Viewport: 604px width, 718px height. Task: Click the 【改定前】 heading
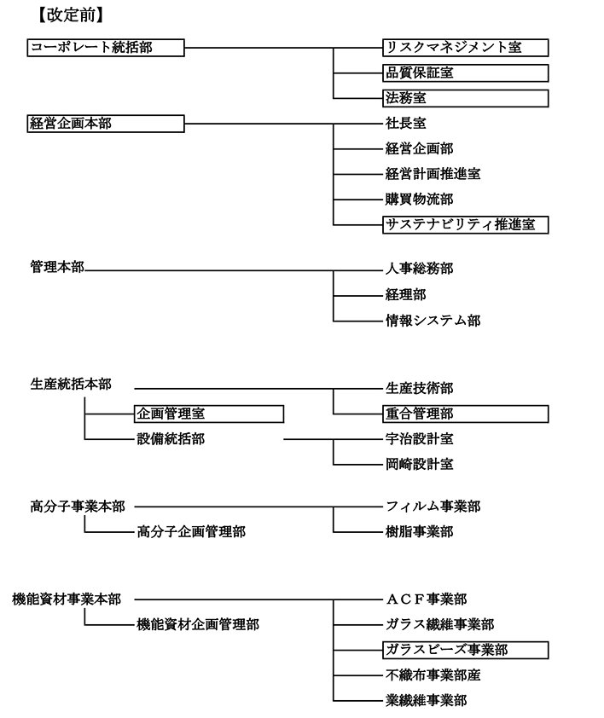click(71, 15)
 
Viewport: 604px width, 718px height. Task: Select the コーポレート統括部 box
click(106, 48)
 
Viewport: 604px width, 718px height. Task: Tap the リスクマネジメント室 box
click(466, 48)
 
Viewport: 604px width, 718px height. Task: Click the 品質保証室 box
click(466, 73)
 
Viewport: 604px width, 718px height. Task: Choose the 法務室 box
click(466, 98)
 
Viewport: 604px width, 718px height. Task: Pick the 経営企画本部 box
click(106, 124)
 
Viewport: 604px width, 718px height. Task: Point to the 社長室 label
click(405, 124)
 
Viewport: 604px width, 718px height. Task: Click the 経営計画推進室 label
click(433, 175)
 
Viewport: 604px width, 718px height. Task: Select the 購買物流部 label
click(420, 200)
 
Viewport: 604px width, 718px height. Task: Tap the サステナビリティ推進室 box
click(466, 225)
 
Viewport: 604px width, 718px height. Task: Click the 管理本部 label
click(57, 267)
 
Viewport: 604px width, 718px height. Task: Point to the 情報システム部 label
click(433, 321)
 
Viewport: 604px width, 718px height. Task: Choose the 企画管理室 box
click(209, 414)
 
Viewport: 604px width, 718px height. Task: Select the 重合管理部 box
click(466, 414)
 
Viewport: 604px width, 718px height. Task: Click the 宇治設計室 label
click(420, 439)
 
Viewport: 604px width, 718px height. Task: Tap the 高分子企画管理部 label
click(191, 532)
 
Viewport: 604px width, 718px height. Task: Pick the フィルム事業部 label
click(433, 507)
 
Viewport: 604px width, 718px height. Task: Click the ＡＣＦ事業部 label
click(427, 599)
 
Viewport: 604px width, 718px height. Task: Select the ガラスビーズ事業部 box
click(466, 651)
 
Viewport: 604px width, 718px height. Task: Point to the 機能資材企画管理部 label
click(198, 624)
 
